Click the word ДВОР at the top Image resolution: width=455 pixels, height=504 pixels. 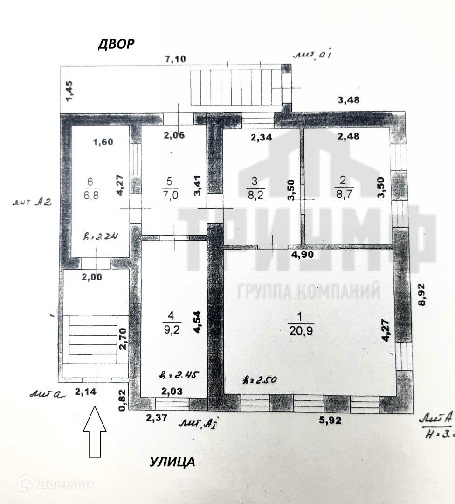(x=116, y=44)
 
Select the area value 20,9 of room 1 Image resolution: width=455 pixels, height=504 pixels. (x=301, y=330)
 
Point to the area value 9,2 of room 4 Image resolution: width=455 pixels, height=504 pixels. (x=171, y=330)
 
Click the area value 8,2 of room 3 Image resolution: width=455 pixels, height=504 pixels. (x=255, y=195)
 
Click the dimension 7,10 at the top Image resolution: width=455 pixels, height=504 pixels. (x=176, y=59)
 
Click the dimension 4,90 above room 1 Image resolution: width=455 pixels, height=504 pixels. (x=302, y=255)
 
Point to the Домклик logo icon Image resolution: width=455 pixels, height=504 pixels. (x=26, y=483)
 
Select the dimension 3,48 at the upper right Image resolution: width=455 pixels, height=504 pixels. (x=348, y=99)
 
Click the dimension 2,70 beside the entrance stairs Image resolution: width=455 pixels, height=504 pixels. (x=122, y=339)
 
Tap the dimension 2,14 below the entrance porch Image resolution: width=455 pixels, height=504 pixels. (x=86, y=392)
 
